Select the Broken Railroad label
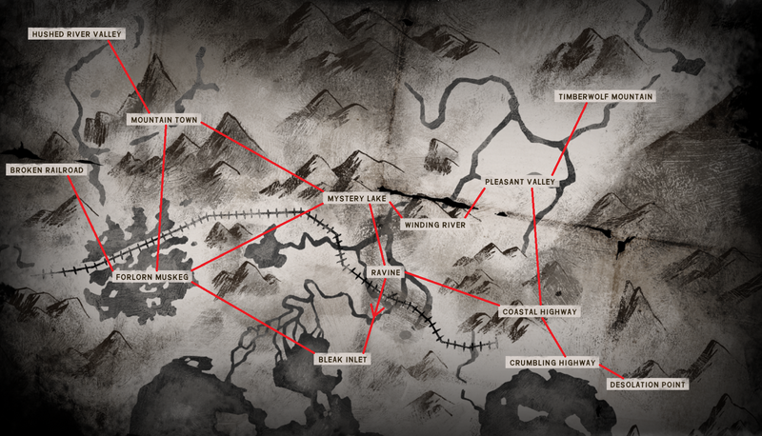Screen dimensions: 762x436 pyautogui.click(x=46, y=169)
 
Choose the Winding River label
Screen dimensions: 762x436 pyautogui.click(x=433, y=226)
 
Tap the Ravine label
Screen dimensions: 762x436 pyautogui.click(x=387, y=273)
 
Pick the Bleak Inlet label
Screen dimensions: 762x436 pyautogui.click(x=342, y=359)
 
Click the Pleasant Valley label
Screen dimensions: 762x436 pyautogui.click(x=520, y=181)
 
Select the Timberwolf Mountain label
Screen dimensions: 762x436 pyautogui.click(x=607, y=97)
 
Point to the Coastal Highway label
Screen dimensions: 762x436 pyautogui.click(x=539, y=311)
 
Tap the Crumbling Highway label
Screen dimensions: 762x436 pyautogui.click(x=552, y=363)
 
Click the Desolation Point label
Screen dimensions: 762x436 pyautogui.click(x=648, y=385)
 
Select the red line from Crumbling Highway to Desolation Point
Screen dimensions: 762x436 pyautogui.click(x=611, y=372)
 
